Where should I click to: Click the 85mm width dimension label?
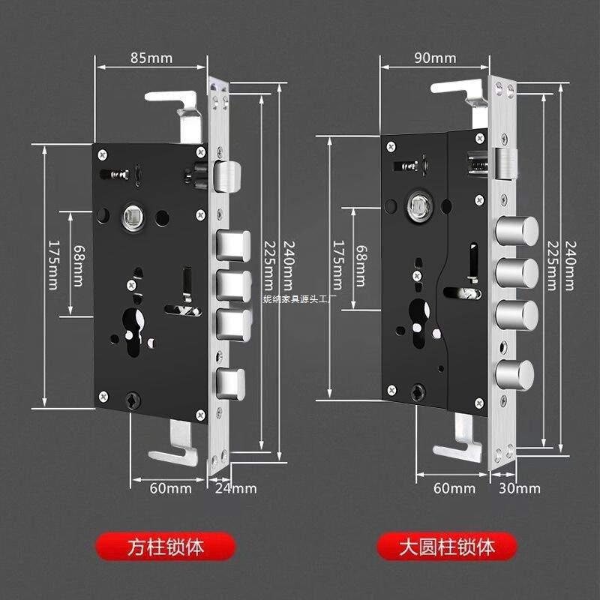tap(150, 57)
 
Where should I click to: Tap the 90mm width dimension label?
tap(435, 57)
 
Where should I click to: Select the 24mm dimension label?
tap(236, 488)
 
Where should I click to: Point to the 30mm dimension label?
tap(520, 488)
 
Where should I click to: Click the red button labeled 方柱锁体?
tap(166, 546)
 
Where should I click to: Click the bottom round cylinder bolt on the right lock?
tap(517, 373)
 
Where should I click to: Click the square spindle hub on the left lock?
tap(133, 217)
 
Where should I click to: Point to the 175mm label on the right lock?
tap(337, 267)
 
